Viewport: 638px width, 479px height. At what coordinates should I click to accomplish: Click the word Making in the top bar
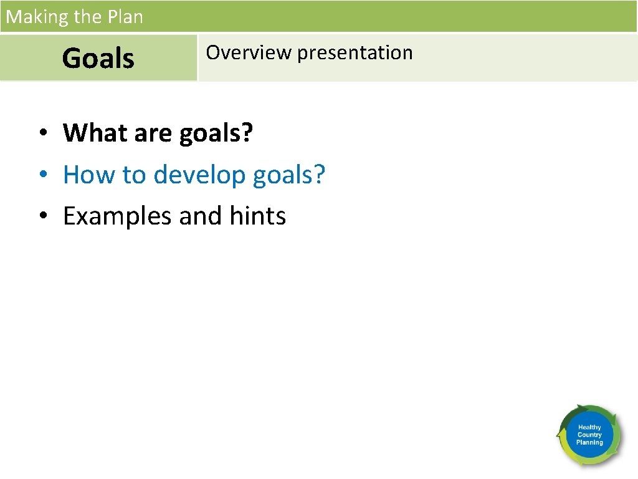pyautogui.click(x=37, y=17)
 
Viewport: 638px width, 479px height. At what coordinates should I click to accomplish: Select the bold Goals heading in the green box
pyautogui.click(x=98, y=59)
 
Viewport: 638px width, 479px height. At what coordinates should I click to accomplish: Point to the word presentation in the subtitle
pyautogui.click(x=355, y=53)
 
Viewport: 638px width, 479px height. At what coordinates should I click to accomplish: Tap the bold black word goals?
pyautogui.click(x=216, y=133)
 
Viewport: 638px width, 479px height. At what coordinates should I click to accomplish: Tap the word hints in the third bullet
pyautogui.click(x=258, y=216)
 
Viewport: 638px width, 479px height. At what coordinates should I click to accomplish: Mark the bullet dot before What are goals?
pyautogui.click(x=42, y=133)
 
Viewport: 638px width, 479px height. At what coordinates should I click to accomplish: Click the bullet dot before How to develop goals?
pyautogui.click(x=42, y=175)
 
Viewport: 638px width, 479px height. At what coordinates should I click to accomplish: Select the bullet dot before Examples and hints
pyautogui.click(x=42, y=217)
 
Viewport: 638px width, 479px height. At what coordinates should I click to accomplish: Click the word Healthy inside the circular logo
pyautogui.click(x=589, y=427)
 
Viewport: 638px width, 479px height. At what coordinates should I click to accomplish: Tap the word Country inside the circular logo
pyautogui.click(x=589, y=435)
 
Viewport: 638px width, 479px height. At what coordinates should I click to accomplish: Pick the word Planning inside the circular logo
pyautogui.click(x=589, y=442)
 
